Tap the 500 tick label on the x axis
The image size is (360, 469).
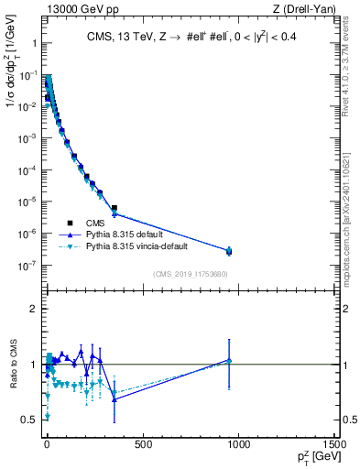(x=142, y=443)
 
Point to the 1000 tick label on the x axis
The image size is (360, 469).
(x=239, y=443)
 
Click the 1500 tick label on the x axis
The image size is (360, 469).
(x=334, y=443)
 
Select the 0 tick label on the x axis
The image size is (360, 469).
(x=46, y=443)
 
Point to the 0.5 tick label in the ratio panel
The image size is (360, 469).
(x=30, y=420)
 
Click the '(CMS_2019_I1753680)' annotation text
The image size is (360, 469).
(x=190, y=274)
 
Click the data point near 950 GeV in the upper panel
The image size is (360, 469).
(x=229, y=251)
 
